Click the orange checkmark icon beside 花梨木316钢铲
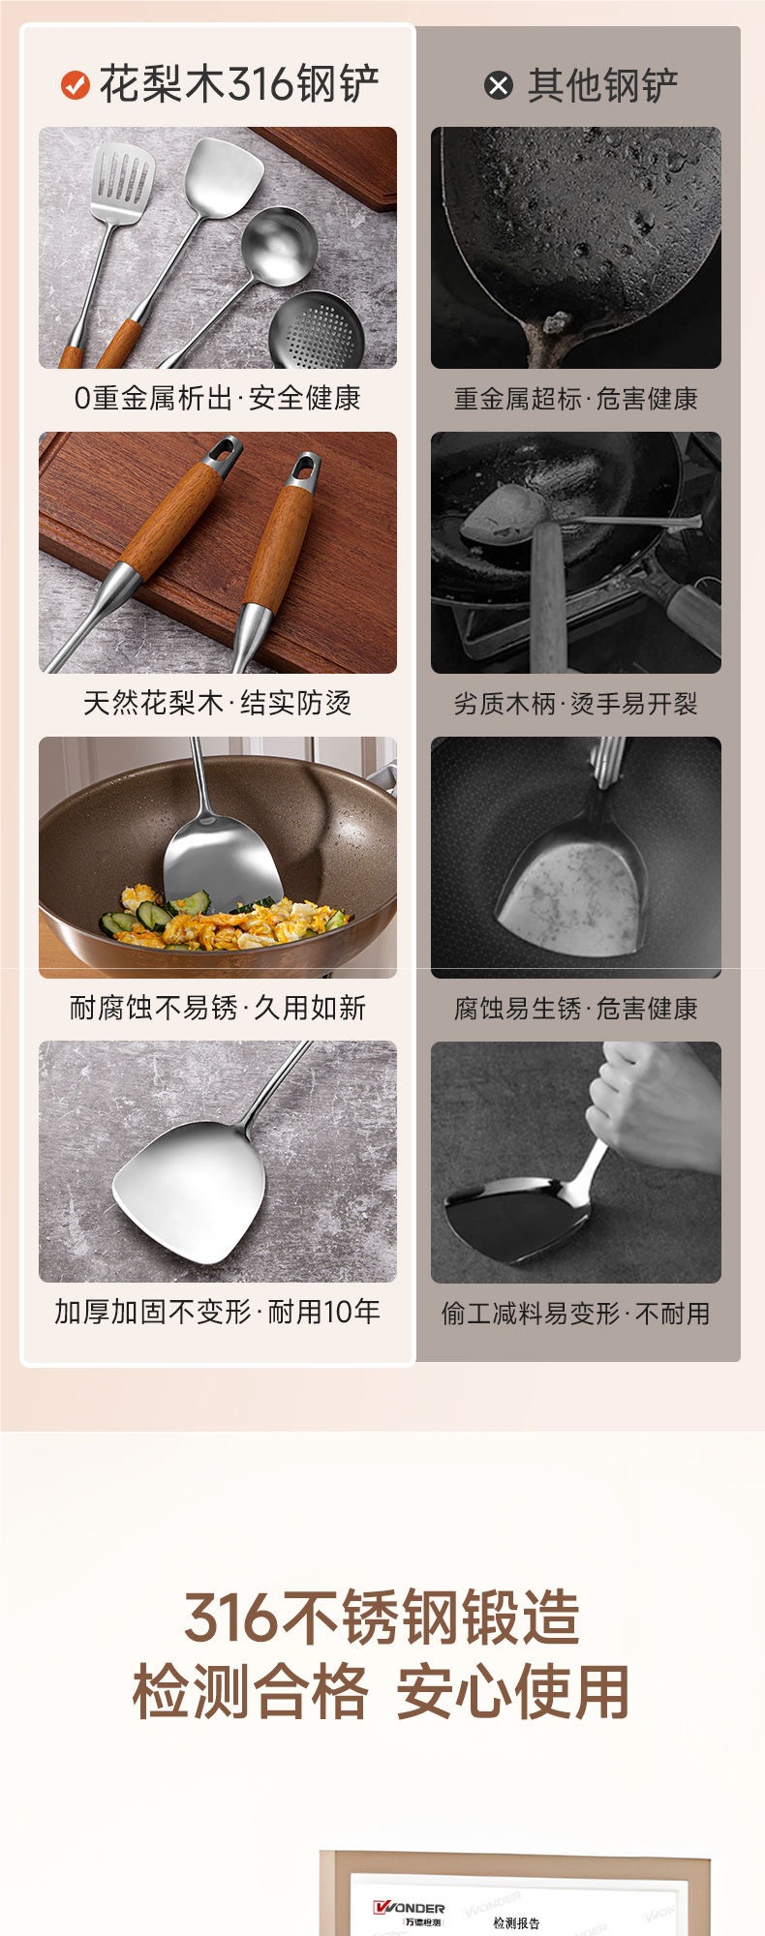pos(75,85)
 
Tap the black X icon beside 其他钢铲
pos(498,86)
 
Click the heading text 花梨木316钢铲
pos(239,84)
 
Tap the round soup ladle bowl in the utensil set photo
pos(279,245)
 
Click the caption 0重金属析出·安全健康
pos(217,398)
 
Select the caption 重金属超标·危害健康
pos(575,399)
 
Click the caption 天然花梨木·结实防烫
pos(217,703)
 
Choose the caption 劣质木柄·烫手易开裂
pos(575,704)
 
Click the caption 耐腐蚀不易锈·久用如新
pos(217,1008)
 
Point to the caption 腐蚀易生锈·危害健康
pos(575,1009)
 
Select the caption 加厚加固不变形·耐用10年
pos(217,1312)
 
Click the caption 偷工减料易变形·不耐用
pos(575,1314)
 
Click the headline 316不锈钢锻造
pos(382,1618)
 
